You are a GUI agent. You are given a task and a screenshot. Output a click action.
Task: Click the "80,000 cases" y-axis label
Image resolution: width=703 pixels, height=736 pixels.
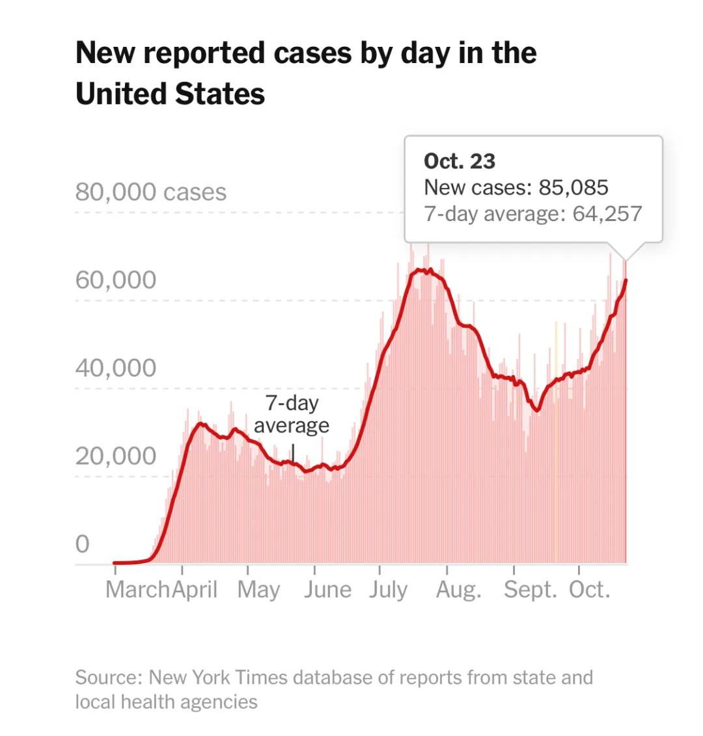point(151,192)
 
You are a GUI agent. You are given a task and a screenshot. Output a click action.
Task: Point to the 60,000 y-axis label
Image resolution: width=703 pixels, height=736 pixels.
point(116,280)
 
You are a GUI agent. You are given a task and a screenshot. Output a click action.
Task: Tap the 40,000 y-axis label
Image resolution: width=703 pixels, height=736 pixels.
point(116,368)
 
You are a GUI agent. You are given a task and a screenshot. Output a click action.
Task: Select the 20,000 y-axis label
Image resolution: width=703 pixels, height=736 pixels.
point(116,456)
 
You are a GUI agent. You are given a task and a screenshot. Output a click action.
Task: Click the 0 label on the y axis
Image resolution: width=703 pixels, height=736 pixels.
point(82,544)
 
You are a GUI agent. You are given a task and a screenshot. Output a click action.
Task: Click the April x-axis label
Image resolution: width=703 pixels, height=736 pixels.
point(195,590)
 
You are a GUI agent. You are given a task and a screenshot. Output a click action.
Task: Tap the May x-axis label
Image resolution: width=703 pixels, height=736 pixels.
point(258,590)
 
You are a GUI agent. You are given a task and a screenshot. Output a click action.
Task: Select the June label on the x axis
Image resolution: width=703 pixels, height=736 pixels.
point(327,590)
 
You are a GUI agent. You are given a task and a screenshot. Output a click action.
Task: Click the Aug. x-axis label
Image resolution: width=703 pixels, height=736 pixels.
point(459,590)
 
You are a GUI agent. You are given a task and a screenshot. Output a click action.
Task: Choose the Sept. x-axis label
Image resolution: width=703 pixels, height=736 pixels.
point(531,590)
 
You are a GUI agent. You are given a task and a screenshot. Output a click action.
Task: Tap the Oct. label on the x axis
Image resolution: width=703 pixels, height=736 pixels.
point(590,590)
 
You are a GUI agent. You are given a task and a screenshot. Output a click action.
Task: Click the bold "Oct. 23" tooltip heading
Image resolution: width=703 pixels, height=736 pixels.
point(460,161)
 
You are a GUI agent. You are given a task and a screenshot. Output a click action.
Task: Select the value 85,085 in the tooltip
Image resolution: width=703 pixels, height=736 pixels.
point(573,188)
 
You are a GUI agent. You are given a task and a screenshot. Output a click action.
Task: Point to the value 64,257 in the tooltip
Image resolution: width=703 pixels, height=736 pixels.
point(607,213)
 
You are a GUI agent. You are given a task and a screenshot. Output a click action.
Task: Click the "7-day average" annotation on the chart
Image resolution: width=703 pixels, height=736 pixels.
point(292,414)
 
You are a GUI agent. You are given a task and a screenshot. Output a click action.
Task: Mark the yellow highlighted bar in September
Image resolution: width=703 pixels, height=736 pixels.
point(556,442)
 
